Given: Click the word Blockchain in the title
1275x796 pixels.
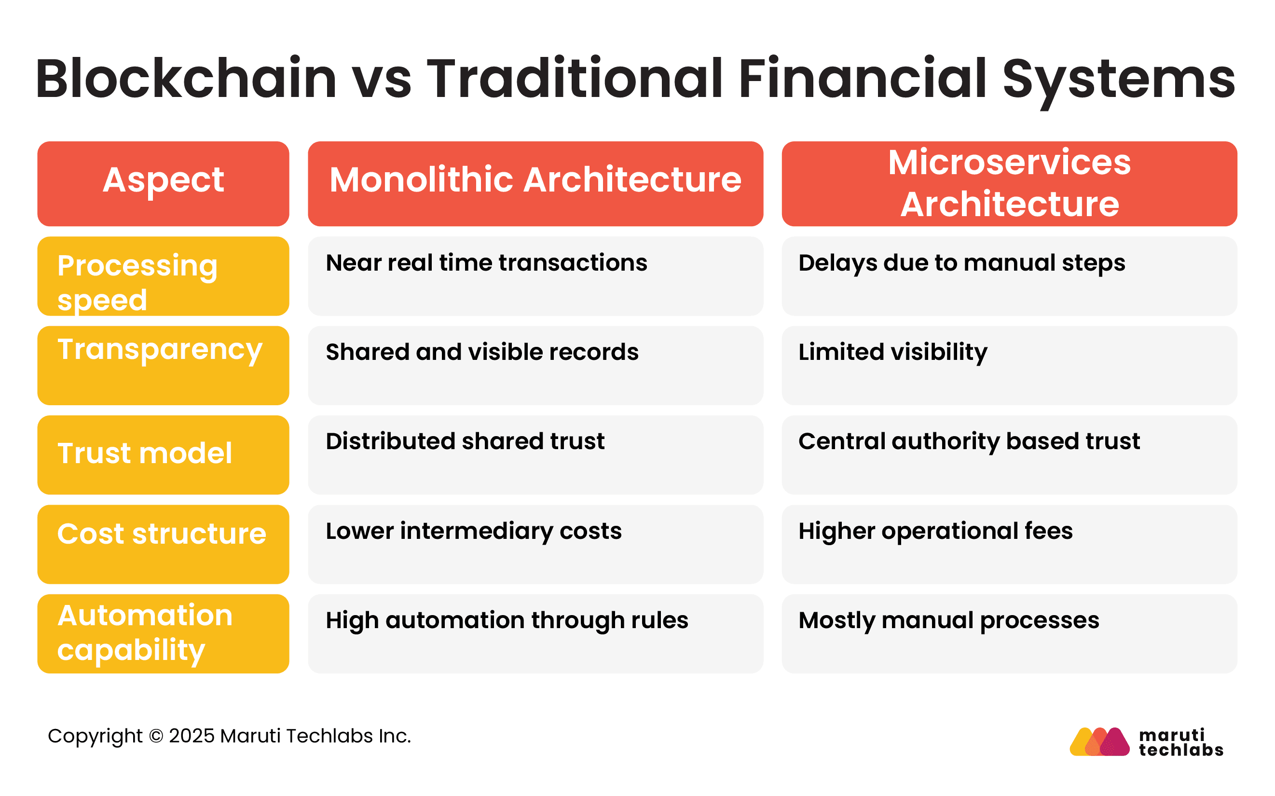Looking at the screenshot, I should coord(186,79).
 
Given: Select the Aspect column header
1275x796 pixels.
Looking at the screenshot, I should coord(163,183).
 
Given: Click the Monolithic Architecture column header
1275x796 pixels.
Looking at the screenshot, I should coord(535,183).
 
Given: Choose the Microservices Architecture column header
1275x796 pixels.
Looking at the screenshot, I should coord(1009,183).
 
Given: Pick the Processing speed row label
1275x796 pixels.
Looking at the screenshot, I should coord(163,276).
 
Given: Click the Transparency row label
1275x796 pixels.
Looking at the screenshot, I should coord(163,365).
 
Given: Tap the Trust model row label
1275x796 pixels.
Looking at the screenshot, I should coord(163,454).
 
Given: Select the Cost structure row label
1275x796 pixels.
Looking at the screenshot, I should coord(163,544).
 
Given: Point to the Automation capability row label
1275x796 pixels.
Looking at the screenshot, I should coord(163,633).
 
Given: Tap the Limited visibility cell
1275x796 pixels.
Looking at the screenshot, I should coord(1009,365).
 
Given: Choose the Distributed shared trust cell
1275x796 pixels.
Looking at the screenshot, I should coord(535,454).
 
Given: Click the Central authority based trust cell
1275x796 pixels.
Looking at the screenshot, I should coord(1009,454).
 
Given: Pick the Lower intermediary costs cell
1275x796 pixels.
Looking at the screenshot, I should coord(535,544).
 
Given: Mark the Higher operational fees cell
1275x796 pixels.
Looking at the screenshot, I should coord(1009,544).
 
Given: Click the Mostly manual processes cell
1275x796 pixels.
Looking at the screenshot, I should coord(1009,633).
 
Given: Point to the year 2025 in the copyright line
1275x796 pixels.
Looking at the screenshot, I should coord(192,736).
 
